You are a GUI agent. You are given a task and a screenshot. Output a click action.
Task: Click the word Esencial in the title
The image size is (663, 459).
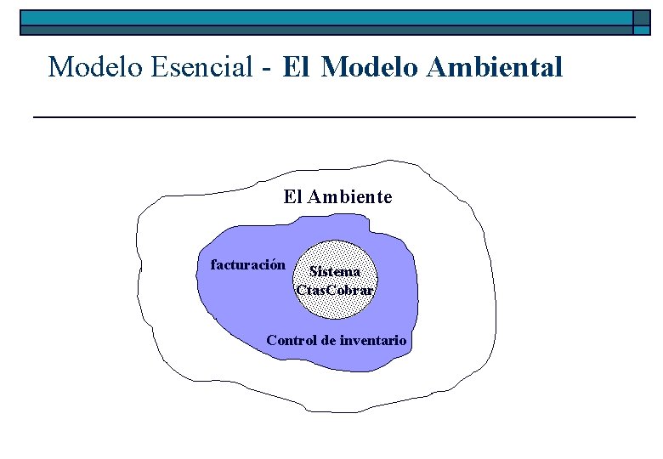click(x=201, y=66)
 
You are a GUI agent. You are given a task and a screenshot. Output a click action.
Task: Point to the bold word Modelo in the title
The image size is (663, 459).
click(x=371, y=66)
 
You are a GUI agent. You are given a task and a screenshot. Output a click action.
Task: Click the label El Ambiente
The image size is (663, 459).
click(x=337, y=197)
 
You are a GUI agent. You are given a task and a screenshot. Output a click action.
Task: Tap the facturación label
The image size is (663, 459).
click(x=247, y=264)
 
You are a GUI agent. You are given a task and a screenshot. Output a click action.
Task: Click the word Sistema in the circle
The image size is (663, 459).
click(x=335, y=272)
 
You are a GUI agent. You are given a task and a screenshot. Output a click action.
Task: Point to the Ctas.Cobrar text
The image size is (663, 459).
click(x=335, y=289)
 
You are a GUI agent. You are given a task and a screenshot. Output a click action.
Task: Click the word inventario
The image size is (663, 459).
click(x=373, y=341)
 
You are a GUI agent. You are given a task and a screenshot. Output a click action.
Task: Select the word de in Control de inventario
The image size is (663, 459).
click(x=327, y=341)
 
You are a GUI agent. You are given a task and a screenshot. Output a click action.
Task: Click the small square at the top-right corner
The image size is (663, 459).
click(x=643, y=22)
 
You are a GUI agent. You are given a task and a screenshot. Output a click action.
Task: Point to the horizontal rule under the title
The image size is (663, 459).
click(x=333, y=116)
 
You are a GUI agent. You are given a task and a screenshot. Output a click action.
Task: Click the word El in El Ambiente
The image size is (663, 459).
click(x=292, y=197)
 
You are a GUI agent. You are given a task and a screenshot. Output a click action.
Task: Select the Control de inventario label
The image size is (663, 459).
click(x=337, y=341)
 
